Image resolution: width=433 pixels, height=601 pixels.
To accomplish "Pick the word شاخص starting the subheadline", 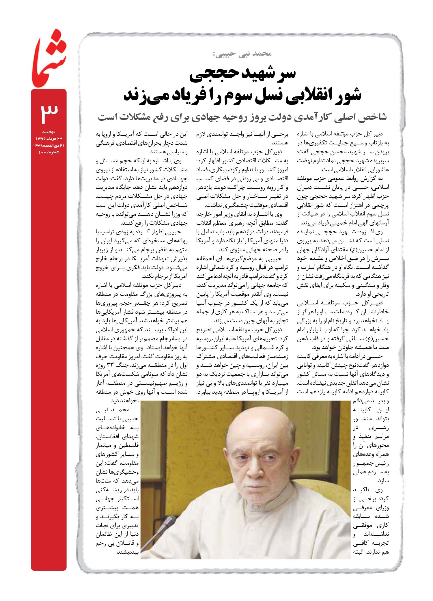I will [x=372, y=117].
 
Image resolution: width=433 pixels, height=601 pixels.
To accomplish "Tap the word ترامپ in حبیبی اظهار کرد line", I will [x=106, y=232].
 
